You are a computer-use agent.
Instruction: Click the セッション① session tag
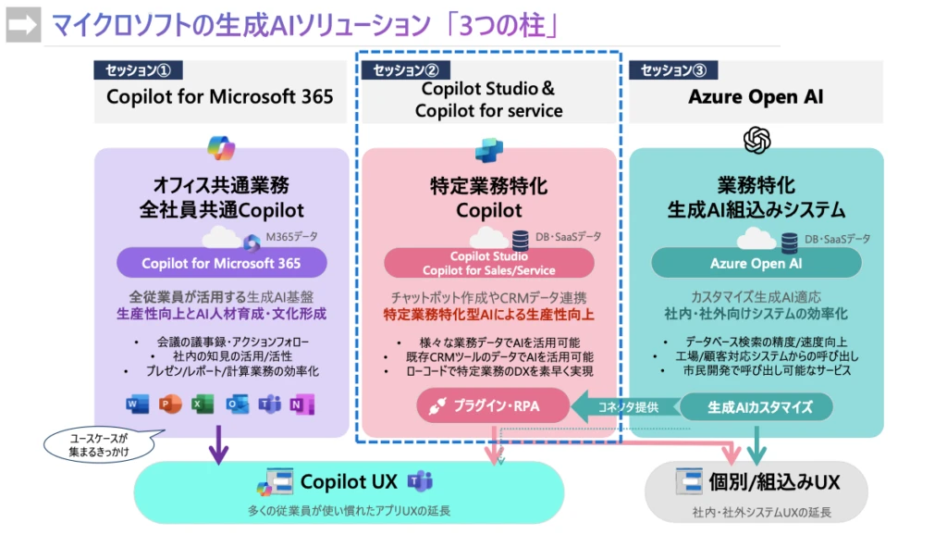tap(138, 70)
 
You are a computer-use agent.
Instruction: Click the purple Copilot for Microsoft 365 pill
tap(221, 263)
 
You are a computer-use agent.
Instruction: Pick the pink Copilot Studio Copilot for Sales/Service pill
tap(489, 263)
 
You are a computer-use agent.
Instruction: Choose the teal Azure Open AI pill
tap(756, 263)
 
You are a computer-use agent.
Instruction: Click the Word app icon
tap(138, 404)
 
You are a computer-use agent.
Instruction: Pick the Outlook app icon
tap(237, 404)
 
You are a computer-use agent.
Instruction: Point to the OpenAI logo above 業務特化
tap(756, 140)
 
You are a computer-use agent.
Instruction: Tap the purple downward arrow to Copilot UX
tap(219, 444)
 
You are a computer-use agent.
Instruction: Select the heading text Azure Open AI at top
tap(756, 97)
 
